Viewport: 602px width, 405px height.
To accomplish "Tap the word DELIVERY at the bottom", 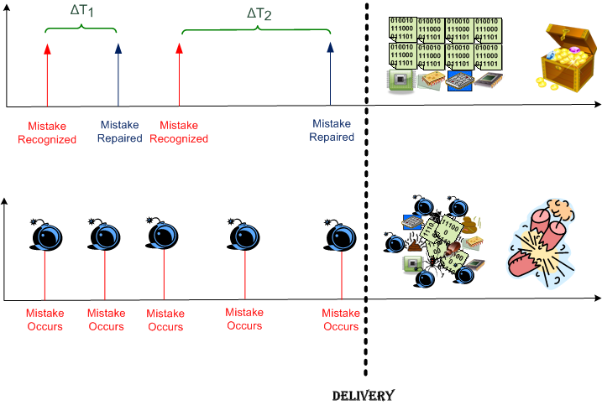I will pos(363,394).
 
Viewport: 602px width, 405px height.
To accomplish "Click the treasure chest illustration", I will pos(562,56).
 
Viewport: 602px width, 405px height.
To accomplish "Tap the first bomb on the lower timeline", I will pos(45,236).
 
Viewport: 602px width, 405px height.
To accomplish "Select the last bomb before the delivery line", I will pos(341,236).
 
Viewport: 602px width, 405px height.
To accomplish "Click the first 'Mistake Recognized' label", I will pos(47,132).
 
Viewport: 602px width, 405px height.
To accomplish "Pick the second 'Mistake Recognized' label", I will pos(179,132).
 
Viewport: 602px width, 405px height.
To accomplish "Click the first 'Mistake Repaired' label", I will pos(119,132).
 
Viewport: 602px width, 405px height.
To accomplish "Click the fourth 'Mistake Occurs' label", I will pos(244,319).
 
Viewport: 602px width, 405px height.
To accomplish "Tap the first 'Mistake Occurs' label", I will pos(44,319).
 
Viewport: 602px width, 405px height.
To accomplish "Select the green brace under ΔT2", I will pos(256,33).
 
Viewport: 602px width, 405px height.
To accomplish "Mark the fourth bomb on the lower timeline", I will pos(243,236).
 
